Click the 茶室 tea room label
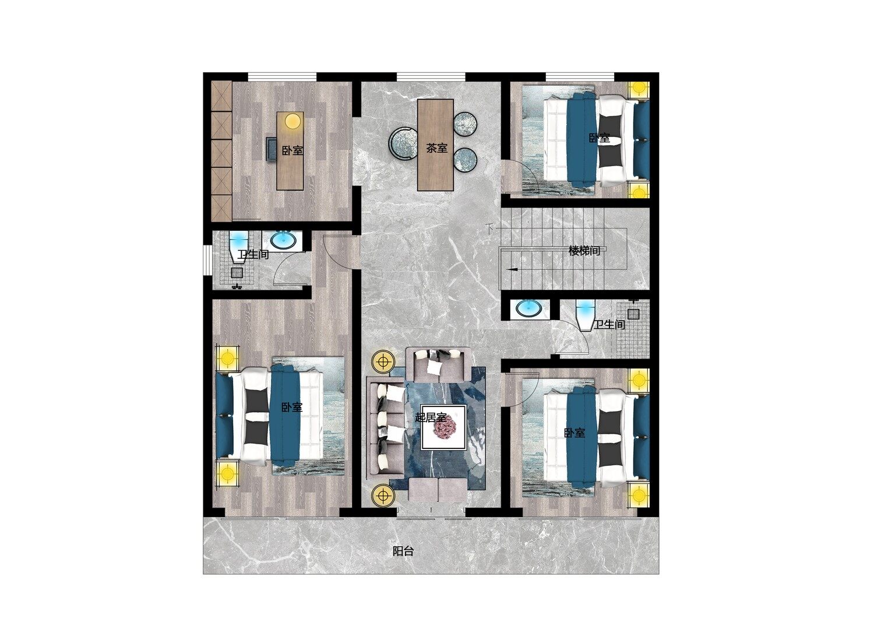tap(436, 148)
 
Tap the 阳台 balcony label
tap(403, 551)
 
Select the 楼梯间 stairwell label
tap(584, 251)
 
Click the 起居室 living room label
tap(431, 417)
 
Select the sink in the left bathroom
tap(284, 240)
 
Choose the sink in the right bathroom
tap(528, 308)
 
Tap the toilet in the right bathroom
tap(584, 315)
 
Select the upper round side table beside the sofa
tap(383, 361)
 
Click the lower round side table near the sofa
tap(383, 496)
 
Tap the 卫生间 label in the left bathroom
tap(253, 254)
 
